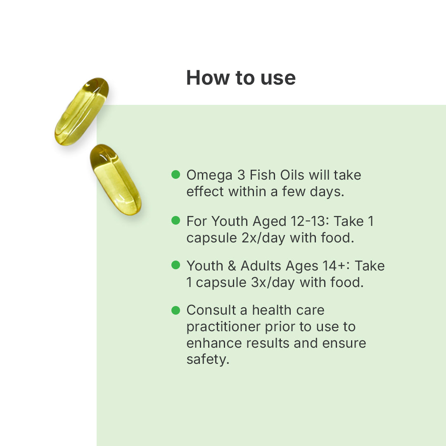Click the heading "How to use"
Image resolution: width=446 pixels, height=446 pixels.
pyautogui.click(x=241, y=78)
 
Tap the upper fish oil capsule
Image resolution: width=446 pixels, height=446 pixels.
pyautogui.click(x=82, y=111)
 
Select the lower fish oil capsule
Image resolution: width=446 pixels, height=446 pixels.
pyautogui.click(x=116, y=180)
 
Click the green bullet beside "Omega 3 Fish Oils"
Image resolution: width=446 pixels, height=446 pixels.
pyautogui.click(x=176, y=174)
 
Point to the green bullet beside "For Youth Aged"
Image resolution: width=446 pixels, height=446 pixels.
pyautogui.click(x=176, y=220)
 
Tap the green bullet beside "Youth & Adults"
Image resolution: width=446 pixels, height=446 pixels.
pyautogui.click(x=176, y=265)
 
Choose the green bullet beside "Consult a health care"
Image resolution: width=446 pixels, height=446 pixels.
pyautogui.click(x=176, y=310)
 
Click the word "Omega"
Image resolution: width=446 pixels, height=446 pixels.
pyautogui.click(x=209, y=176)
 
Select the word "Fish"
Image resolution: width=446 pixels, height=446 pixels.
pyautogui.click(x=263, y=175)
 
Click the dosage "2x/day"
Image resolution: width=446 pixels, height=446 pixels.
pyautogui.click(x=263, y=238)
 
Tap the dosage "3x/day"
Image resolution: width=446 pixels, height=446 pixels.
pyautogui.click(x=273, y=283)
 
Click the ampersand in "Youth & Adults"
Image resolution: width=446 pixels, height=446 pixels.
pyautogui.click(x=232, y=266)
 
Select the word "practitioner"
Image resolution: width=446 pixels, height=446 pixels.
pyautogui.click(x=223, y=327)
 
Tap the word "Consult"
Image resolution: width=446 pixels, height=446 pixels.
pyautogui.click(x=211, y=310)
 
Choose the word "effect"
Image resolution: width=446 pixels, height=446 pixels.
pyautogui.click(x=205, y=192)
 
